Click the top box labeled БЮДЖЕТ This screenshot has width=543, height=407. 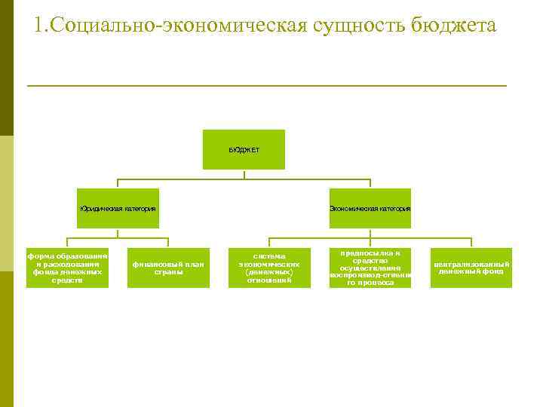coord(244,149)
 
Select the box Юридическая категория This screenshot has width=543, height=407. coord(118,208)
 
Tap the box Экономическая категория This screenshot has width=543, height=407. coord(370,208)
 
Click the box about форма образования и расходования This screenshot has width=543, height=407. coord(67,268)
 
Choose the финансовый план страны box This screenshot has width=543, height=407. coord(168,268)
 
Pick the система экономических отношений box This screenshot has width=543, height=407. coord(269,268)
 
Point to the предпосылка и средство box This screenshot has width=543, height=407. coord(370,268)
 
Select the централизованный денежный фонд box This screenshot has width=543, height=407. coord(471,268)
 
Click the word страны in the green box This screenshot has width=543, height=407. coord(168,272)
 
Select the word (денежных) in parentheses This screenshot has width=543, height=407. coord(269,272)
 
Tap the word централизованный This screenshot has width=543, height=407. coord(471,264)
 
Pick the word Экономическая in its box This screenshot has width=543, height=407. coord(352,208)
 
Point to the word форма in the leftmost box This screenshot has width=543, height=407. coord(39,256)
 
